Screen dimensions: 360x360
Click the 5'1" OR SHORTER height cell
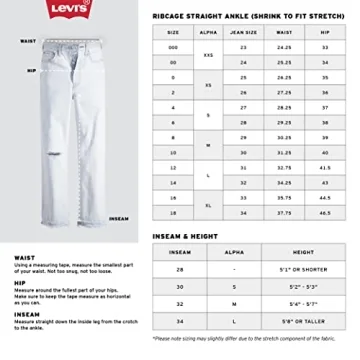pos(304,270)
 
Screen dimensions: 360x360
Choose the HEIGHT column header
pos(304,253)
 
